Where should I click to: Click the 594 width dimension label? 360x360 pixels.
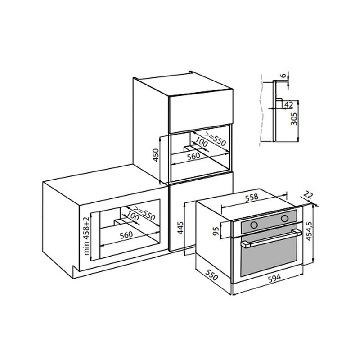274,278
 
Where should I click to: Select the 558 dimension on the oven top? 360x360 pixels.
252,198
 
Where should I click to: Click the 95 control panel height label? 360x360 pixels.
216,231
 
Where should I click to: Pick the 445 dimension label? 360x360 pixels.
181,228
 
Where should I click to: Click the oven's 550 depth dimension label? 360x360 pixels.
211,275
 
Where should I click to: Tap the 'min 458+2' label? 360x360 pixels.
86,236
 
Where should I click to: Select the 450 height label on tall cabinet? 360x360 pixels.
156,155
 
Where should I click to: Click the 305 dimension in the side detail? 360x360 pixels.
294,119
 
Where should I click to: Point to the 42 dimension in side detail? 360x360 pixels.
289,105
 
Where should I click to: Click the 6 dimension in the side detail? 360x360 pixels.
284,76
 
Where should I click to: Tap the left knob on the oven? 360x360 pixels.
254,225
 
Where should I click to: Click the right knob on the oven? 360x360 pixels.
285,218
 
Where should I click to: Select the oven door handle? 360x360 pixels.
271,239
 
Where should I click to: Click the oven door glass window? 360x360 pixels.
269,256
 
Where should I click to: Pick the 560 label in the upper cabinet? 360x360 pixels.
193,157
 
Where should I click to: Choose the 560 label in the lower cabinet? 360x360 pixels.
126,235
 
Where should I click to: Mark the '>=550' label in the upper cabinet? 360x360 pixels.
215,139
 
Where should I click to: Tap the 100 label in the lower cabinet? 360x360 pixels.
133,216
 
